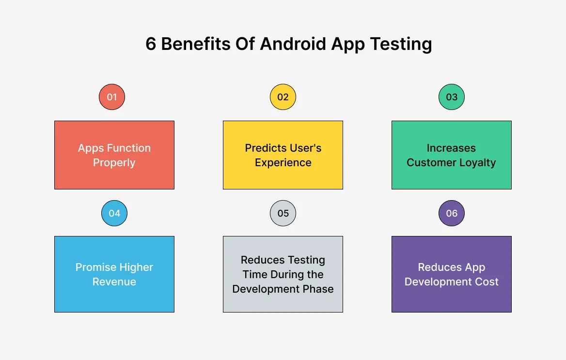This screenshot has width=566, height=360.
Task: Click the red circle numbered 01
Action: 112,97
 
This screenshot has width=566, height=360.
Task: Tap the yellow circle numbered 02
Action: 283,97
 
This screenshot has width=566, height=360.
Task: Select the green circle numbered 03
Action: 452,97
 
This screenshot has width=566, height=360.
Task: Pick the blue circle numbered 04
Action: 114,213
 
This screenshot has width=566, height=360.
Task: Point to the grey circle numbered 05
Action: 283,213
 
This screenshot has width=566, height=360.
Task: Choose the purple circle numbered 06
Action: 452,213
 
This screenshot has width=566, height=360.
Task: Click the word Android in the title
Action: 293,44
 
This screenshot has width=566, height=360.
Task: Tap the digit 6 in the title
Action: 151,44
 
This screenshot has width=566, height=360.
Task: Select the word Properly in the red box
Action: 114,163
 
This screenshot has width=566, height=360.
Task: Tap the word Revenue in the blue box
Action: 114,282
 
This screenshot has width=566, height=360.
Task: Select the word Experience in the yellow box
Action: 283,163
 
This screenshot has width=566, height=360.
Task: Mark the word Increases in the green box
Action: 451,148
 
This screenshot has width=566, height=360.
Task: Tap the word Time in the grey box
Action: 255,274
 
